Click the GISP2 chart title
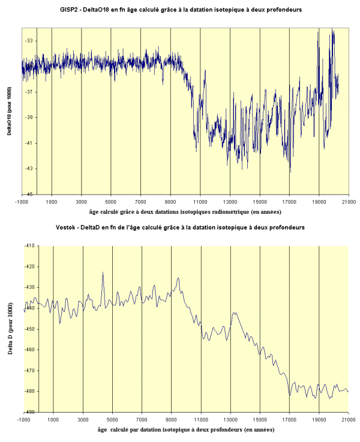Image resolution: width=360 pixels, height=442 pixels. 181,10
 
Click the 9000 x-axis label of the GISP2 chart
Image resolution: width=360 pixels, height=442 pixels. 170,202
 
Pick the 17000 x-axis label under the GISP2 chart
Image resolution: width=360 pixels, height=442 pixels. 289,202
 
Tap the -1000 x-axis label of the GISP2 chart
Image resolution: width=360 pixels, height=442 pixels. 22,202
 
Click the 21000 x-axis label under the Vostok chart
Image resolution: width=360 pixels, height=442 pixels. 348,420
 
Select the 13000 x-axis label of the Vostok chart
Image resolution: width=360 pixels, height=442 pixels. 230,420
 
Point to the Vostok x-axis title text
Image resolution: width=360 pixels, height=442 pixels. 186,431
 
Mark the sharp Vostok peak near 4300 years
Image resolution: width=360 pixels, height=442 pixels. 103,273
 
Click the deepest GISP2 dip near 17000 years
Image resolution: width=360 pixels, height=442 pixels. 290,172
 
